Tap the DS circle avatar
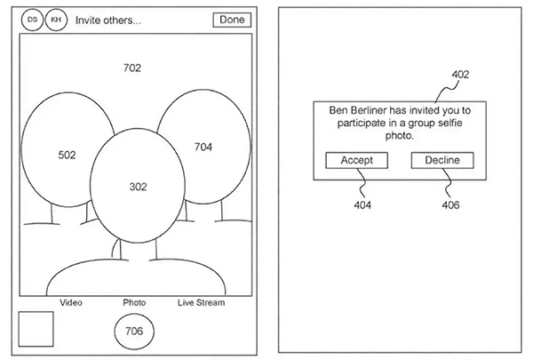[33, 19]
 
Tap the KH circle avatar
[56, 19]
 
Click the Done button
[232, 20]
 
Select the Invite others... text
[108, 20]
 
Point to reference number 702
[132, 68]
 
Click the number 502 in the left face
[67, 155]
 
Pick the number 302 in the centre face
[138, 187]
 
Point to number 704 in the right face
[203, 147]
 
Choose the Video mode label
[71, 302]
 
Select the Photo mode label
[134, 302]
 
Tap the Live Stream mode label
[201, 302]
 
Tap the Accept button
[355, 160]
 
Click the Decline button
[442, 160]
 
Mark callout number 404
[362, 205]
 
